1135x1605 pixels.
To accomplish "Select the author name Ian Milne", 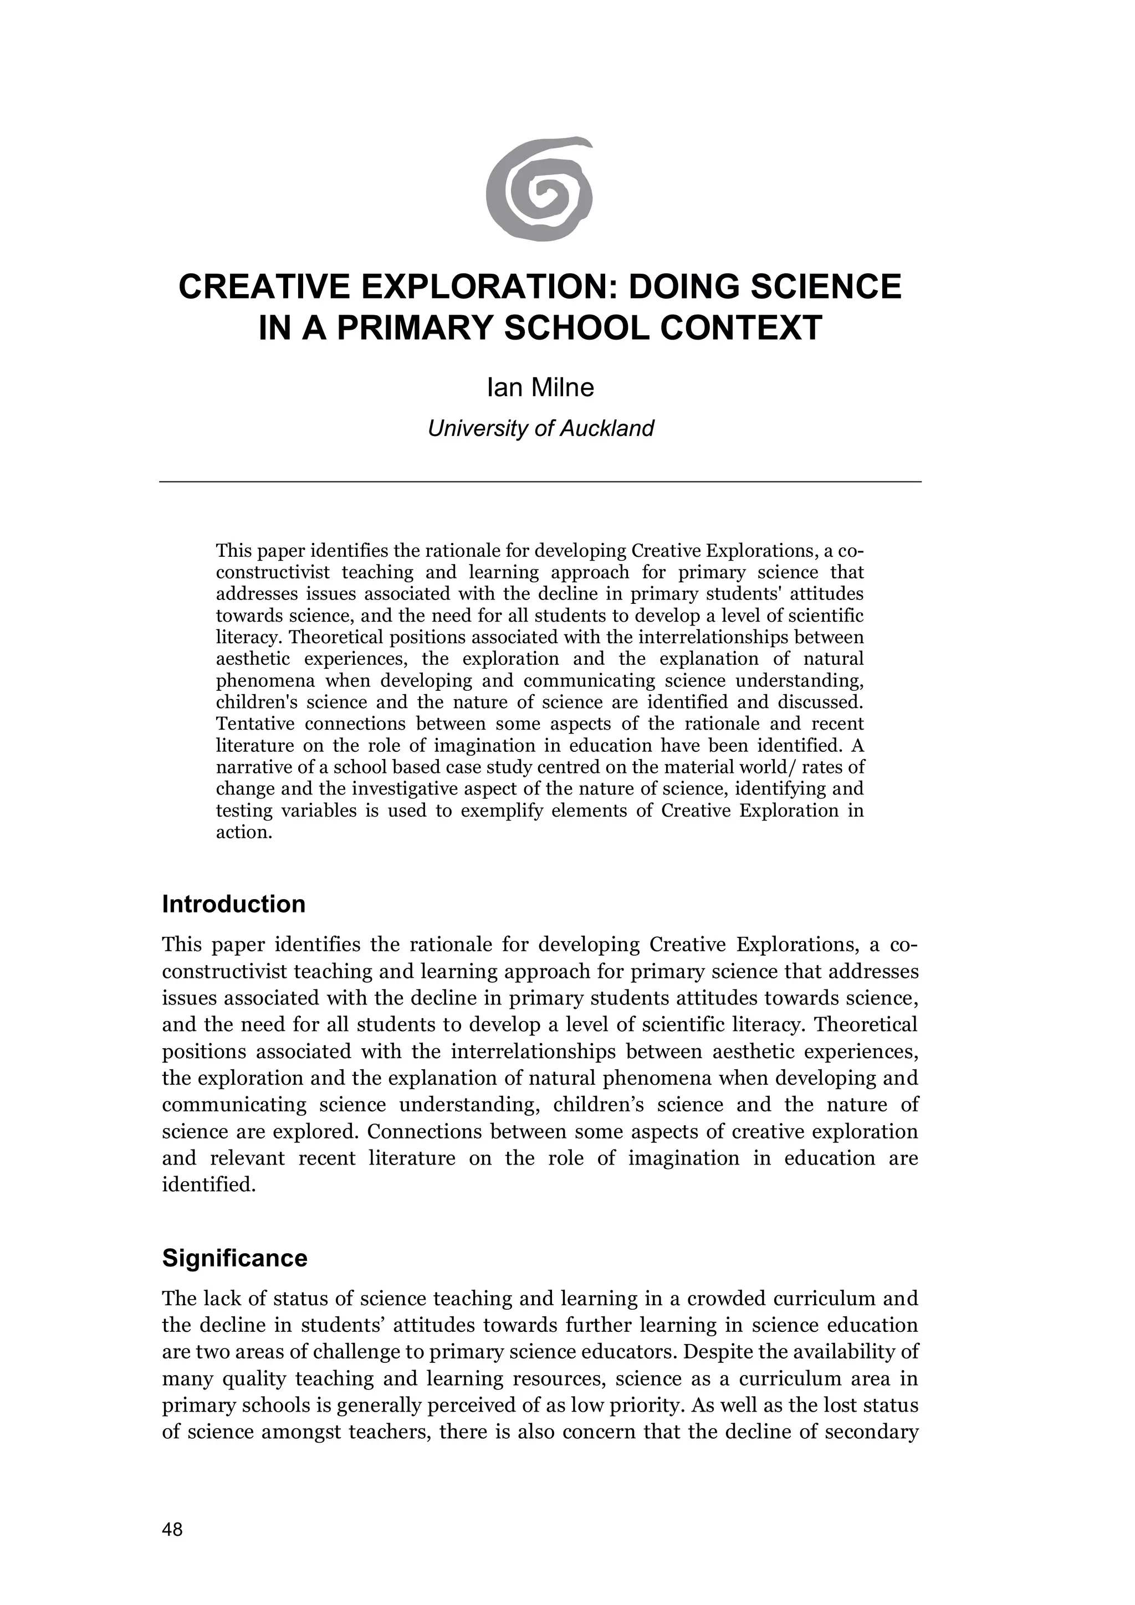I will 540,387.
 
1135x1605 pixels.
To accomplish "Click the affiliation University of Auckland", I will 540,428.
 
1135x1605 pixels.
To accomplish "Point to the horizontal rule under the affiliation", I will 540,481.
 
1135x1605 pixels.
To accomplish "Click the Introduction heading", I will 233,905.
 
